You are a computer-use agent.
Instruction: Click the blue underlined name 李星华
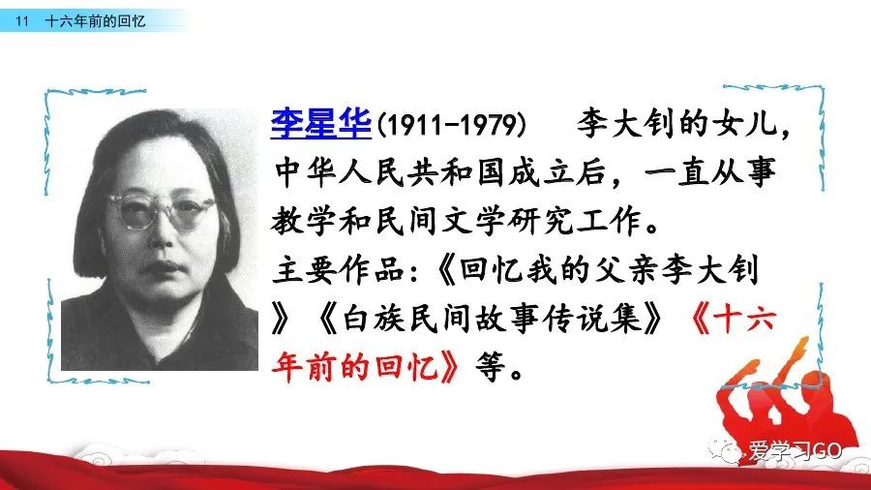coord(320,123)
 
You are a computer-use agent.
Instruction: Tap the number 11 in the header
coord(21,21)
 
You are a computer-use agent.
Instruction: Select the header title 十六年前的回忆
coord(95,21)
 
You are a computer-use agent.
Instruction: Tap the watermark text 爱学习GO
coord(795,450)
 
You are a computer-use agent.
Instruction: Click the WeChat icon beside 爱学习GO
coord(726,450)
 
